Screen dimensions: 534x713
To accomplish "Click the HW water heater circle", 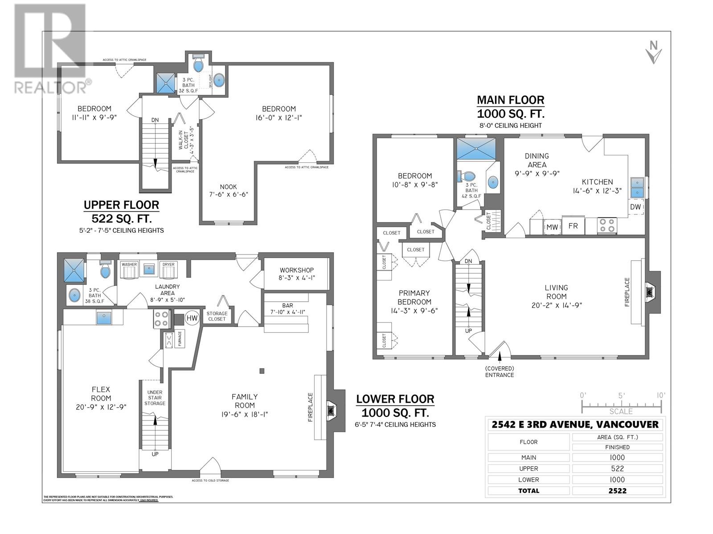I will [x=192, y=318].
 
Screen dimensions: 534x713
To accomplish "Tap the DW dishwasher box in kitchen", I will [x=636, y=207].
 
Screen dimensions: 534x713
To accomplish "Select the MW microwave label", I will [x=553, y=227].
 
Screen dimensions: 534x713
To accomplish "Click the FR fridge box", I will [x=573, y=226].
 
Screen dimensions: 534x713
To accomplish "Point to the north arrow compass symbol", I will [x=654, y=52].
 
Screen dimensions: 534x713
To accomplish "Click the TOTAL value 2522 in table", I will [x=618, y=491].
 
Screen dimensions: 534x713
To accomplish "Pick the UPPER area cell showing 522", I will [x=618, y=469].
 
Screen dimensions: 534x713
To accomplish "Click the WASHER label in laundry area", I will [x=129, y=264].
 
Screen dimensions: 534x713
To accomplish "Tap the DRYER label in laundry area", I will [x=168, y=264].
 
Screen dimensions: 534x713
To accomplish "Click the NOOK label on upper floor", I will [x=229, y=187].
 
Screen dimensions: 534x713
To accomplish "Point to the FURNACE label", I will [x=180, y=340].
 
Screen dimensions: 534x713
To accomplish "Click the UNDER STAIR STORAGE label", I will [x=155, y=398].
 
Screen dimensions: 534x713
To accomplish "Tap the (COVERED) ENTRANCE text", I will [x=500, y=372].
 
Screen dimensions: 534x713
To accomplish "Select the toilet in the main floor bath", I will [x=462, y=175].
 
